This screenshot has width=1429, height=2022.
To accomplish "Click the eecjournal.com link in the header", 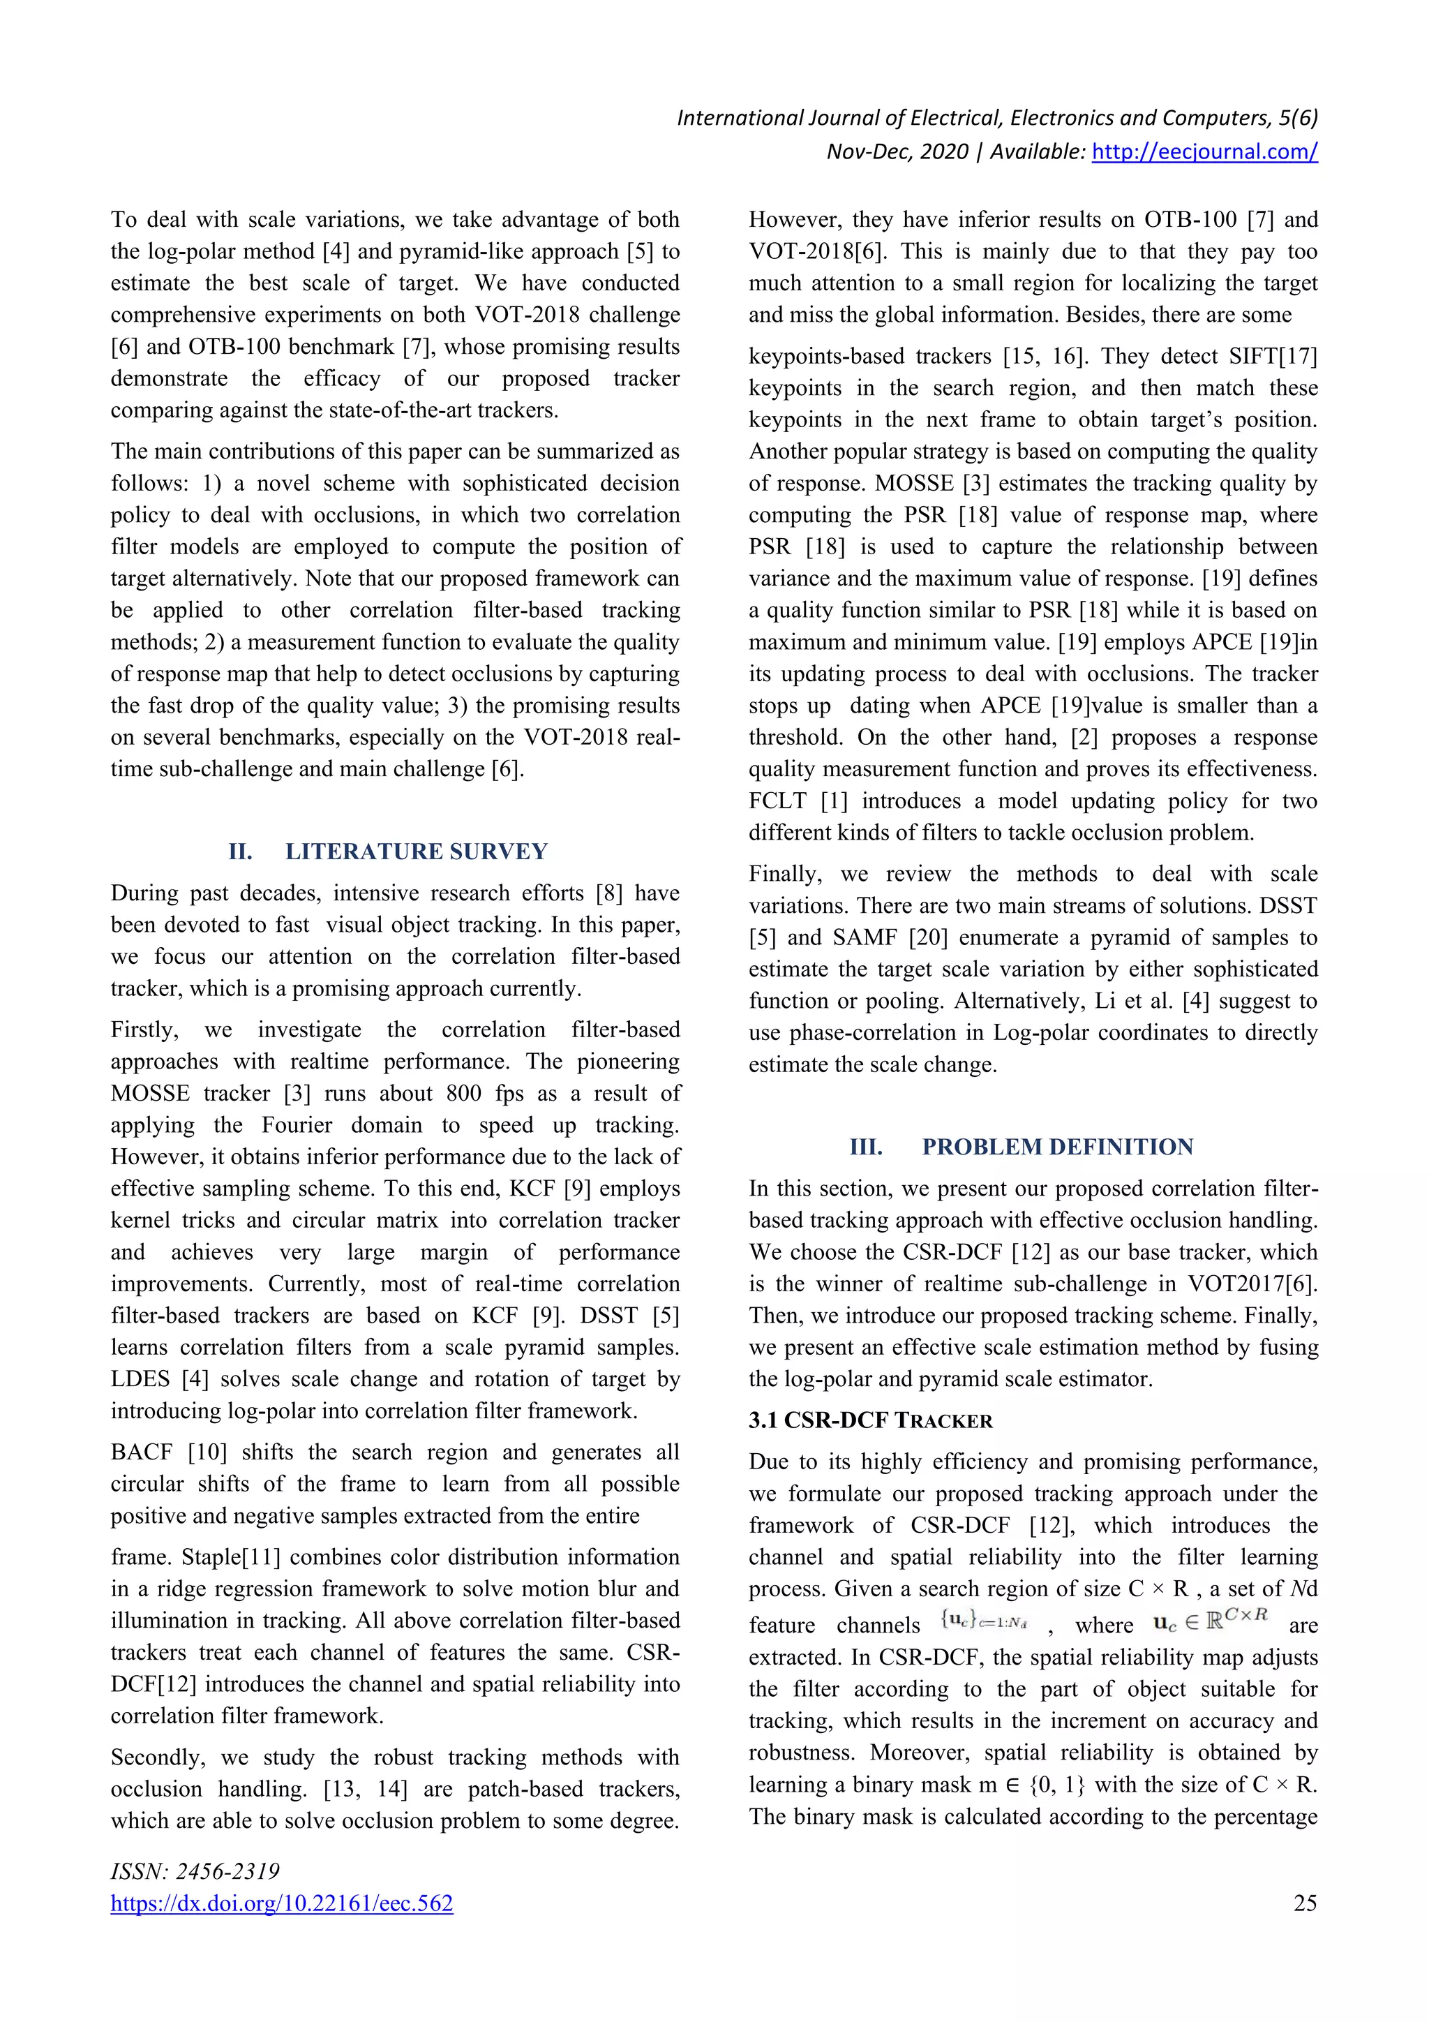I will [1204, 151].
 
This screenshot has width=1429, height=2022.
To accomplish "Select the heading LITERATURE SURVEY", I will [417, 852].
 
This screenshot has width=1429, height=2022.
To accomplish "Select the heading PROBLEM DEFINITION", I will [1057, 1147].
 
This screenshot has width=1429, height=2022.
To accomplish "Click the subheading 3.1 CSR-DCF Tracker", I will [870, 1420].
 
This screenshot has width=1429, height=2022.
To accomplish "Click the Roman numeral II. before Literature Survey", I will [240, 852].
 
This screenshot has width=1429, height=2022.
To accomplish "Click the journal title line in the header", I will [996, 118].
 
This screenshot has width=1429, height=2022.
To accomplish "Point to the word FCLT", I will [777, 801].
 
